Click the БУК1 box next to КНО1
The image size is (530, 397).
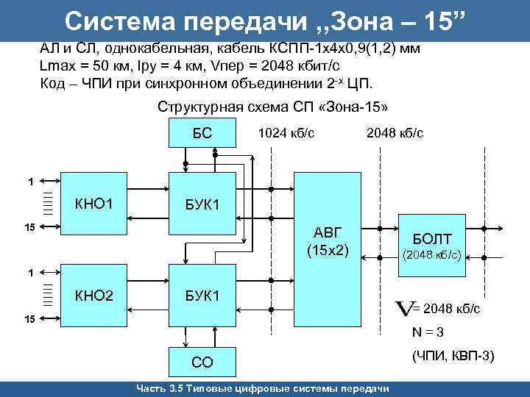click(202, 201)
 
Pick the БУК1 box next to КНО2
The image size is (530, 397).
click(202, 296)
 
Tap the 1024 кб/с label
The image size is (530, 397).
click(286, 133)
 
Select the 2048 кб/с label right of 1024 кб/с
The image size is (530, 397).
click(394, 133)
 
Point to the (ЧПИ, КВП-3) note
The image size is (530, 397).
click(453, 357)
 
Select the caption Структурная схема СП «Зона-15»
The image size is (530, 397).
click(272, 107)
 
